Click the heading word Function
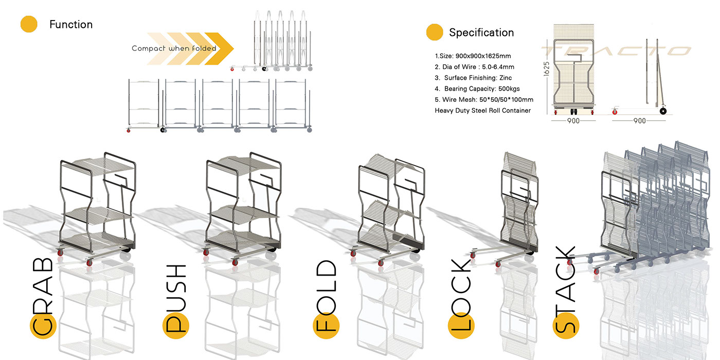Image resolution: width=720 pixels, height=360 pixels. [71, 24]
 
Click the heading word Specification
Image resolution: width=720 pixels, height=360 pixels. [481, 32]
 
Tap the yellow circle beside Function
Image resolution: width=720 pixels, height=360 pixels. [29, 25]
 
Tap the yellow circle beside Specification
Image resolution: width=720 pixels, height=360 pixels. [435, 32]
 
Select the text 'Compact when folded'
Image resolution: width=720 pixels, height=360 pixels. [174, 48]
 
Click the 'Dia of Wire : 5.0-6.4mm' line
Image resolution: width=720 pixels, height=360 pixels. [474, 67]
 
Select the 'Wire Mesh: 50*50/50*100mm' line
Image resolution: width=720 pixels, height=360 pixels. [484, 99]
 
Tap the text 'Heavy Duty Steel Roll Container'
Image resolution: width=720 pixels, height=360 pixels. [482, 110]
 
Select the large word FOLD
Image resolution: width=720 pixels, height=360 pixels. [325, 297]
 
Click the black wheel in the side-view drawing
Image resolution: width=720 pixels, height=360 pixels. [663, 111]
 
